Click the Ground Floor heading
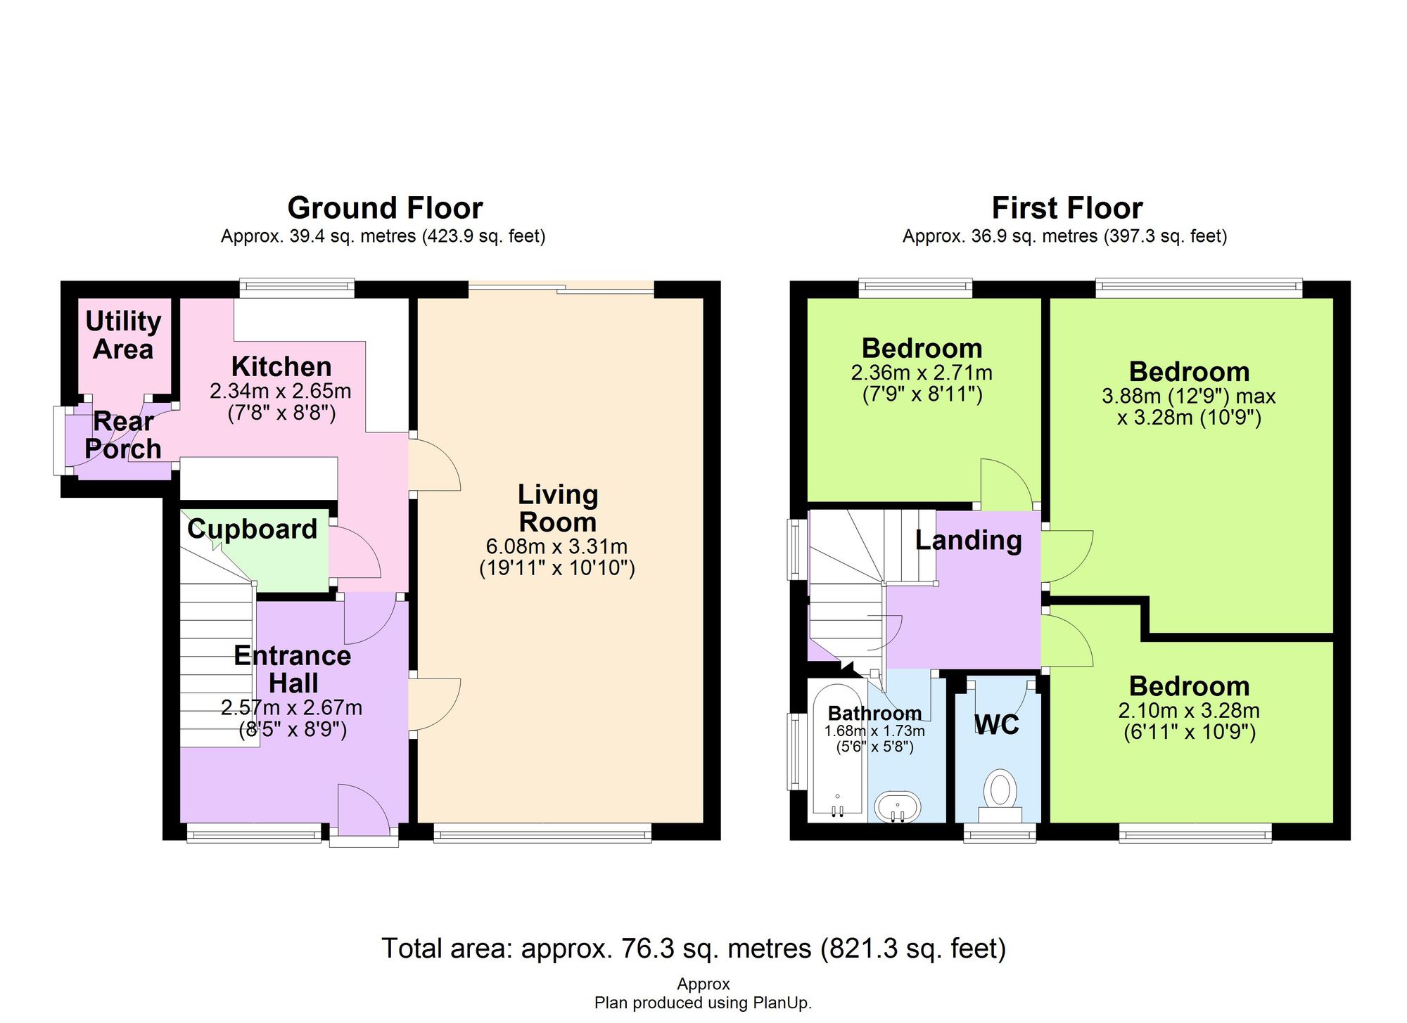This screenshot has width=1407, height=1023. [x=385, y=208]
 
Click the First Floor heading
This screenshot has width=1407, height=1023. [x=1067, y=208]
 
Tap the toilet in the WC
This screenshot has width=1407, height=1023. [x=1000, y=794]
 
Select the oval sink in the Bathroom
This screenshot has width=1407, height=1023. [x=897, y=807]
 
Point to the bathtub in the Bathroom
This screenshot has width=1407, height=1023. [x=837, y=749]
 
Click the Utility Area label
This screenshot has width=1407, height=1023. [x=123, y=335]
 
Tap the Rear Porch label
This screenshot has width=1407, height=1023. [x=123, y=435]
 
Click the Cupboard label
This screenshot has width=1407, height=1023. [x=252, y=529]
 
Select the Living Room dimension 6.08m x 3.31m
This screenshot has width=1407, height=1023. [x=556, y=546]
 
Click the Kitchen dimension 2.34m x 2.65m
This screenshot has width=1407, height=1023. [x=281, y=391]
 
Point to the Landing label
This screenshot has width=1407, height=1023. [x=968, y=540]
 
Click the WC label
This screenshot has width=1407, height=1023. [x=997, y=724]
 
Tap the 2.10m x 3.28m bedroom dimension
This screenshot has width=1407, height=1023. [x=1189, y=711]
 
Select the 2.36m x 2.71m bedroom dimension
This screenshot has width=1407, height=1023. [x=922, y=373]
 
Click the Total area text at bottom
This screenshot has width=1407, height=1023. [x=694, y=948]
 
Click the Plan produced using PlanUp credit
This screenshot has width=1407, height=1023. [x=703, y=1003]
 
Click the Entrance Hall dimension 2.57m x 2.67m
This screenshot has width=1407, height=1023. [x=292, y=707]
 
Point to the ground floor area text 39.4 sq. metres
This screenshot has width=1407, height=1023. [x=383, y=236]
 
